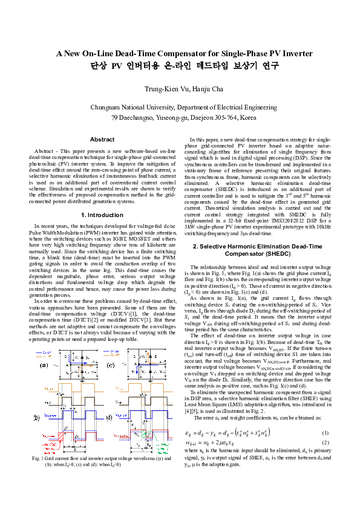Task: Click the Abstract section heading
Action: (x=102, y=139)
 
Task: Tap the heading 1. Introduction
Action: (x=102, y=215)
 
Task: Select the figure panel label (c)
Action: (x=111, y=365)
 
